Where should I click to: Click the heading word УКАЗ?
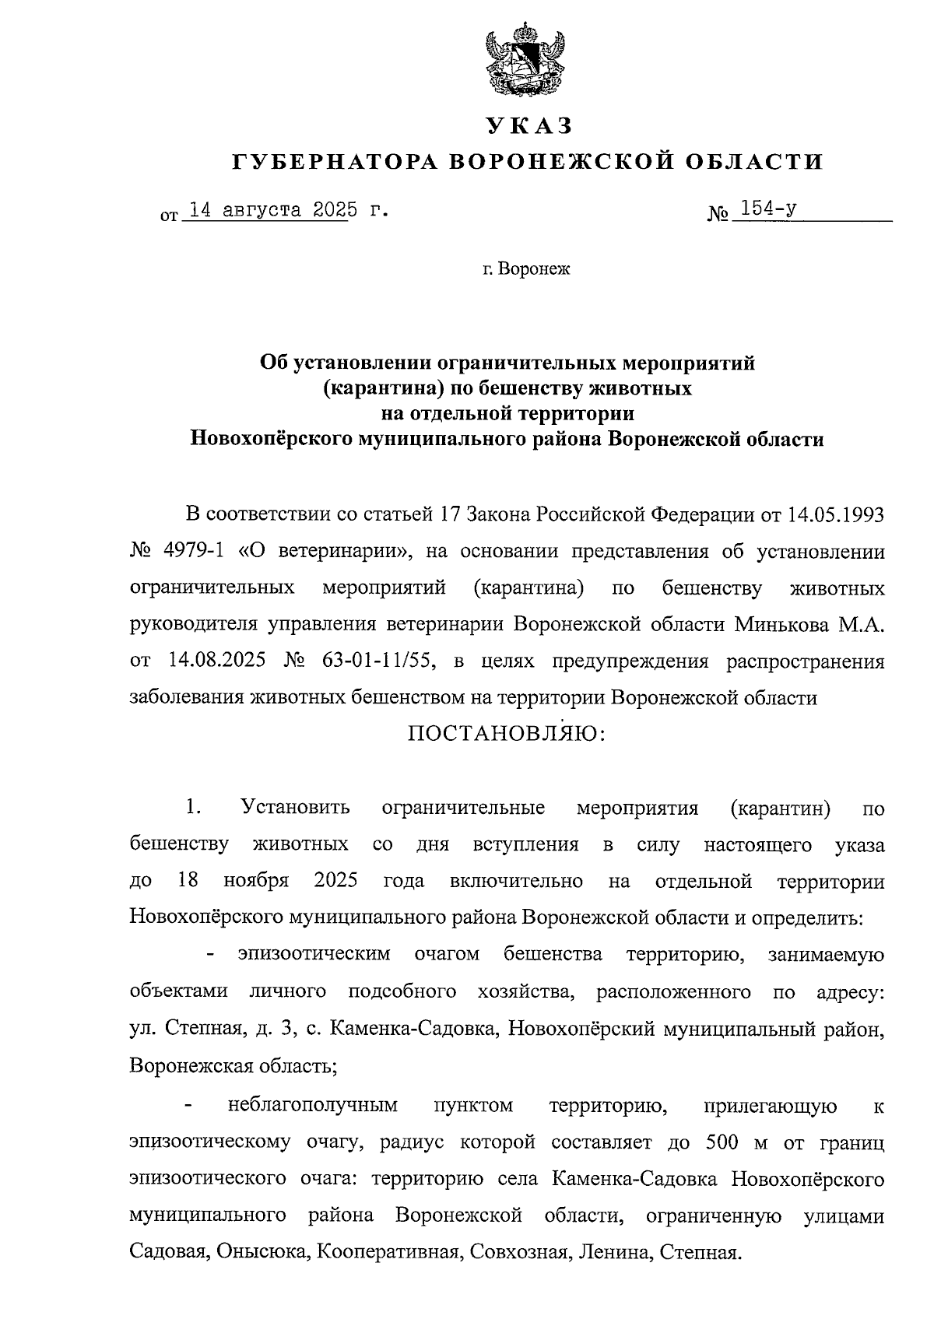[528, 125]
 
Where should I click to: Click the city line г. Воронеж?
[525, 269]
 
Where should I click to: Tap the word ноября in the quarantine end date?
[256, 882]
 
